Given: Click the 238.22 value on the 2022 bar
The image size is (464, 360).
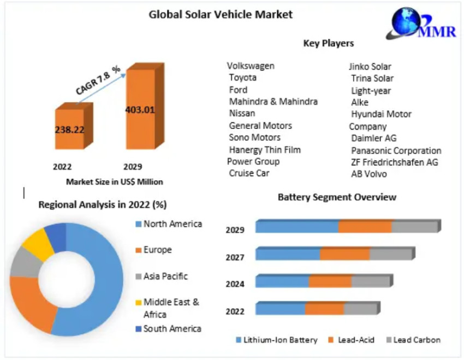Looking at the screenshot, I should coord(70,129).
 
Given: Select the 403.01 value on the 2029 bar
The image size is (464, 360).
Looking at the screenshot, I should coord(140,109).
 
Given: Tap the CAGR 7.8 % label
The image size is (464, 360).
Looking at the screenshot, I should coord(98,80).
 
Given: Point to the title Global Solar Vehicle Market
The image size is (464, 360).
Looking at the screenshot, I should coord(221,15).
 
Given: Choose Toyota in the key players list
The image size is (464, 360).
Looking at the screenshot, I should coord(242,78).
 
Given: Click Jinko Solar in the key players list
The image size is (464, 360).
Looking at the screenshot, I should coord(370,67).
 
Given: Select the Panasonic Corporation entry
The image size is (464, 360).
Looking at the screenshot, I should coord(396,150).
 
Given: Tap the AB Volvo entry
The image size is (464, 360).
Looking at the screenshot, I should coord(368,174).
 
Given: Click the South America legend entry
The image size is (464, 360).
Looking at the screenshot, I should coord(172,328).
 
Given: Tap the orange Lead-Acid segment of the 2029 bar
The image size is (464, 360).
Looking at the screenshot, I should coord(365,227).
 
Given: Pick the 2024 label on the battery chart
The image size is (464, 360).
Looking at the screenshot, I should coord(235,284).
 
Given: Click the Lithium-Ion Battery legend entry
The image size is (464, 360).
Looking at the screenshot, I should coord(276,340).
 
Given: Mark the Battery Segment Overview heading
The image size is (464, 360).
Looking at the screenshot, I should coord(337,197).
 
